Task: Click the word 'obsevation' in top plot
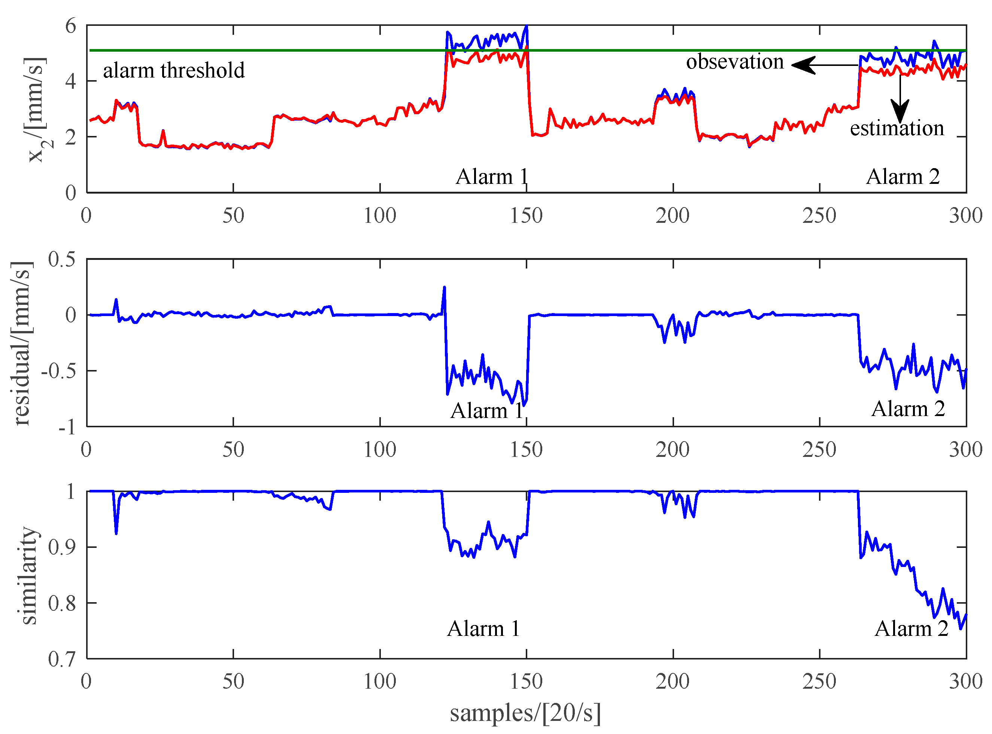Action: coord(735,62)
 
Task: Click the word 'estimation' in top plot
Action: coord(897,128)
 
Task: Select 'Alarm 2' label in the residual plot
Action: coord(908,409)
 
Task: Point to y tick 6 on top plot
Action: coord(71,26)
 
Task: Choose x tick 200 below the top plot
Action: coord(673,216)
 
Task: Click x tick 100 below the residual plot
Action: coord(380,450)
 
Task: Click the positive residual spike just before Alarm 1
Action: coord(444,288)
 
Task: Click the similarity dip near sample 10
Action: coord(116,533)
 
